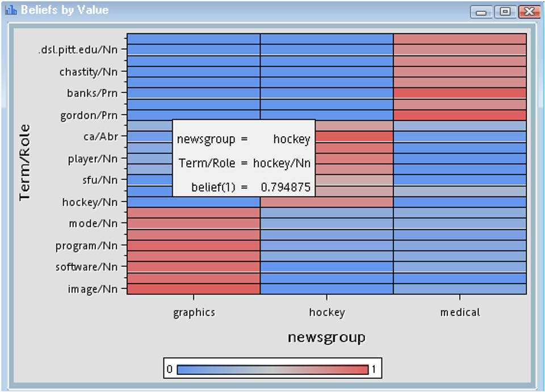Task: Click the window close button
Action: pyautogui.click(x=529, y=11)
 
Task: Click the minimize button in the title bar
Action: pyautogui.click(x=481, y=11)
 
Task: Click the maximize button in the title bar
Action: pyautogui.click(x=505, y=11)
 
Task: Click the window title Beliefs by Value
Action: pyautogui.click(x=64, y=10)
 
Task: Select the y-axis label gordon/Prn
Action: pyautogui.click(x=89, y=115)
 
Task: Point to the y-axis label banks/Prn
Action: pyautogui.click(x=93, y=93)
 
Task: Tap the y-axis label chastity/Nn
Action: pyautogui.click(x=89, y=72)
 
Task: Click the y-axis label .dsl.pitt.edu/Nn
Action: pyautogui.click(x=78, y=49)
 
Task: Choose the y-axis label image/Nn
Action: pyautogui.click(x=93, y=289)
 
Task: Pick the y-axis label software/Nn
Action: pyautogui.click(x=86, y=267)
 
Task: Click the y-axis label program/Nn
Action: pyautogui.click(x=86, y=246)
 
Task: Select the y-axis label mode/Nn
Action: pyautogui.click(x=93, y=224)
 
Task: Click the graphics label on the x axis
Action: pyautogui.click(x=194, y=312)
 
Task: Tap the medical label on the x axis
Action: pyautogui.click(x=460, y=312)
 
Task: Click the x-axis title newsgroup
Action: pyautogui.click(x=326, y=337)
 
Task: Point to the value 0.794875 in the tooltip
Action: pyautogui.click(x=286, y=186)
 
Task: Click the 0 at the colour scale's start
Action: pyautogui.click(x=169, y=369)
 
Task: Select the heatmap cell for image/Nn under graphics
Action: pyautogui.click(x=194, y=289)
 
